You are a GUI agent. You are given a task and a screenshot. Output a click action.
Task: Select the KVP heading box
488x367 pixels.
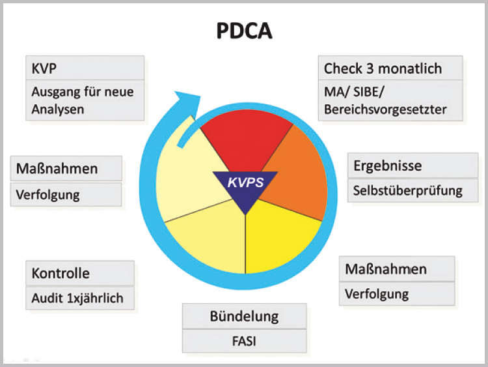tap(85, 68)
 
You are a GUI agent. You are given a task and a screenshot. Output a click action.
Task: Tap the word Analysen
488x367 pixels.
tap(58, 110)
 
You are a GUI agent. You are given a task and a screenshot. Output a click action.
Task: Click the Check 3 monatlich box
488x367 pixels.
tap(390, 68)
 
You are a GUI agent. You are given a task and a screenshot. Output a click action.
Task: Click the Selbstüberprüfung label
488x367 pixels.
tap(408, 191)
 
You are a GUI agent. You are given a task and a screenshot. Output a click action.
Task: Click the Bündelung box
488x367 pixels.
tap(244, 316)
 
